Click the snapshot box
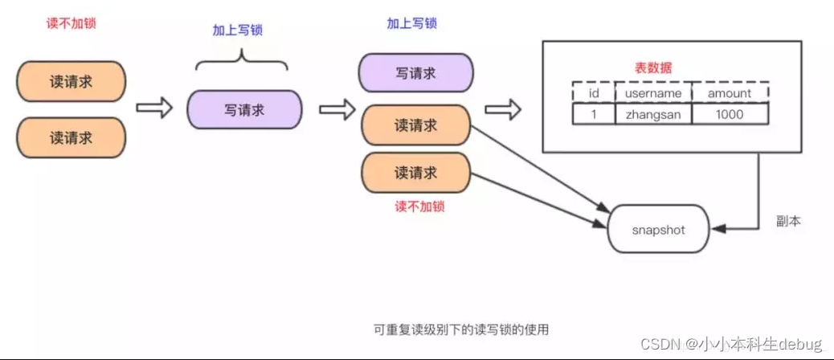click(x=658, y=230)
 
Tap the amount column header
click(x=729, y=93)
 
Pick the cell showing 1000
click(x=729, y=115)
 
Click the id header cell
click(x=594, y=93)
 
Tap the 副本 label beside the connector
click(x=789, y=219)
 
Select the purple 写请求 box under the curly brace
click(x=244, y=110)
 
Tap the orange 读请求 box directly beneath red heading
click(x=71, y=82)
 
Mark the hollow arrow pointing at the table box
click(x=502, y=109)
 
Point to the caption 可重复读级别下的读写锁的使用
click(x=462, y=329)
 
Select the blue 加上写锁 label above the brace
click(x=237, y=31)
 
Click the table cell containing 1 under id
click(x=594, y=115)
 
